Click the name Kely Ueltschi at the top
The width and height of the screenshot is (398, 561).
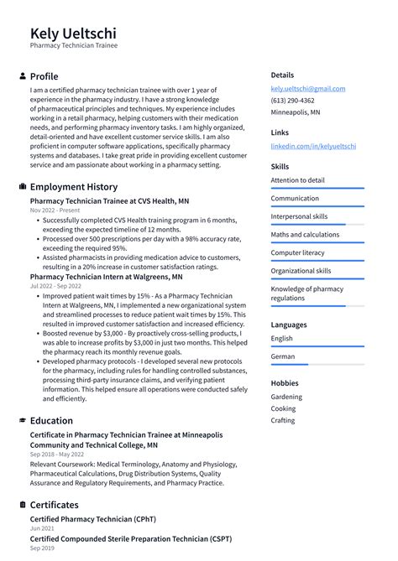(73, 33)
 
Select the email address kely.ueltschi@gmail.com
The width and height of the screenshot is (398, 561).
(307, 88)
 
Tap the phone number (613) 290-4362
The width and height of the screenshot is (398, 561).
(292, 100)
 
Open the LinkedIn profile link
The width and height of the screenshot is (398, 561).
(312, 146)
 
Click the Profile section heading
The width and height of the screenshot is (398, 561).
(44, 76)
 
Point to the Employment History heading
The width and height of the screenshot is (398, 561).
(73, 187)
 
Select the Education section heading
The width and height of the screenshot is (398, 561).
(50, 421)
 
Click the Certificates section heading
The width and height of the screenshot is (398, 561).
(54, 505)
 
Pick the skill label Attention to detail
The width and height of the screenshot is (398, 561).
(297, 180)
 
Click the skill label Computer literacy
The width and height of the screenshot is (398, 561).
(297, 253)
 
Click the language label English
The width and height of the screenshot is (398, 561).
(281, 338)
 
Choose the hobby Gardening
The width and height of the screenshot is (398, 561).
(286, 397)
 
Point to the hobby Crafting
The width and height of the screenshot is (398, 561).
(283, 420)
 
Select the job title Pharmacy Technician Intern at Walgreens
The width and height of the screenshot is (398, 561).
(106, 276)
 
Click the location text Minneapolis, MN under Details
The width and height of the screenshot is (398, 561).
(295, 112)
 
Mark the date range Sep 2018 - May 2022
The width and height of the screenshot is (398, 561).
(60, 454)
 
